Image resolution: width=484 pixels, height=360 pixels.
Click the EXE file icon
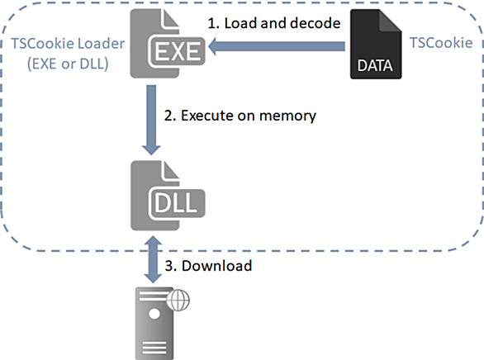click(x=167, y=44)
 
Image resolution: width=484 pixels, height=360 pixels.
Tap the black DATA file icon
click(x=376, y=44)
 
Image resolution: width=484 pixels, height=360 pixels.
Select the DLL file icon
click(x=168, y=195)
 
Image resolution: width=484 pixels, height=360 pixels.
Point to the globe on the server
click(x=178, y=300)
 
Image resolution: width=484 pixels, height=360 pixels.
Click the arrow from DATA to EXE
click(x=277, y=46)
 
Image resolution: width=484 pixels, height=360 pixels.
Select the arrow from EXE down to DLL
click(x=151, y=120)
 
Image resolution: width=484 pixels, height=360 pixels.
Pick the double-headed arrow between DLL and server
click(x=153, y=259)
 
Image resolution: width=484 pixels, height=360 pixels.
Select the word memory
click(x=287, y=116)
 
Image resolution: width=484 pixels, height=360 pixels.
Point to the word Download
click(x=216, y=266)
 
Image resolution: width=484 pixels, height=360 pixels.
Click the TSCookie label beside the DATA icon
click(x=441, y=43)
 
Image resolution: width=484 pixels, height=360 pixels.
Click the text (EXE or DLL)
click(x=68, y=64)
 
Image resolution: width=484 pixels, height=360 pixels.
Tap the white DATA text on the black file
click(x=375, y=65)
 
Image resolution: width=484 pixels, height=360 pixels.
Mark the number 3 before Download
click(x=168, y=266)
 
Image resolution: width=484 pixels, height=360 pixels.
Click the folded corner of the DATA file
click(x=390, y=21)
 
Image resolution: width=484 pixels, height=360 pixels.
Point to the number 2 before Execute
click(x=168, y=116)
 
